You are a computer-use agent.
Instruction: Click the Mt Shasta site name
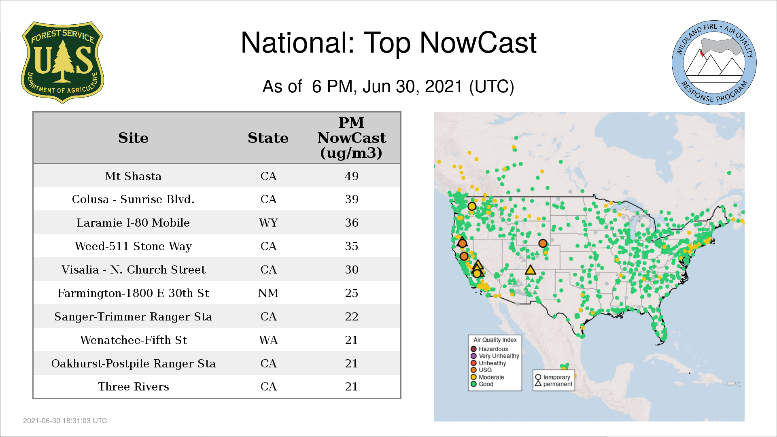(133, 176)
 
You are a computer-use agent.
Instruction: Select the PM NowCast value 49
(352, 176)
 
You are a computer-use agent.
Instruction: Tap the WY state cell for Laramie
(268, 223)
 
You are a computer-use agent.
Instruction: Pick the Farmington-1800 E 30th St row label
(133, 293)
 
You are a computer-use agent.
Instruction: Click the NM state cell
(268, 293)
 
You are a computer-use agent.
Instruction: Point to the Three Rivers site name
(133, 386)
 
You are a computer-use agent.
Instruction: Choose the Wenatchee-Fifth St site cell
(133, 340)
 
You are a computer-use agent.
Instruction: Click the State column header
(268, 138)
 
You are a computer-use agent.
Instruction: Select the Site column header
(133, 138)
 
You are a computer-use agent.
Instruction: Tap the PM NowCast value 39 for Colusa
(352, 199)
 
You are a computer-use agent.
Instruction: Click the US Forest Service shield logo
(62, 63)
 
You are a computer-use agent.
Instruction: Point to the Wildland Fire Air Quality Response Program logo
(714, 63)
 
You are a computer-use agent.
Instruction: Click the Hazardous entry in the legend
(489, 349)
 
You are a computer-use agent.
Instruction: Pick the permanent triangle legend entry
(554, 384)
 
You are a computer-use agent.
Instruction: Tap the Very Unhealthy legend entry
(495, 356)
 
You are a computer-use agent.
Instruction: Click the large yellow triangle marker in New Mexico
(530, 270)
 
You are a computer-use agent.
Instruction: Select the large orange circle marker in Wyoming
(543, 243)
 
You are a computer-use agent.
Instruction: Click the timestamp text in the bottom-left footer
(65, 421)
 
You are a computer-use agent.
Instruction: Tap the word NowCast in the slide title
(478, 43)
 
